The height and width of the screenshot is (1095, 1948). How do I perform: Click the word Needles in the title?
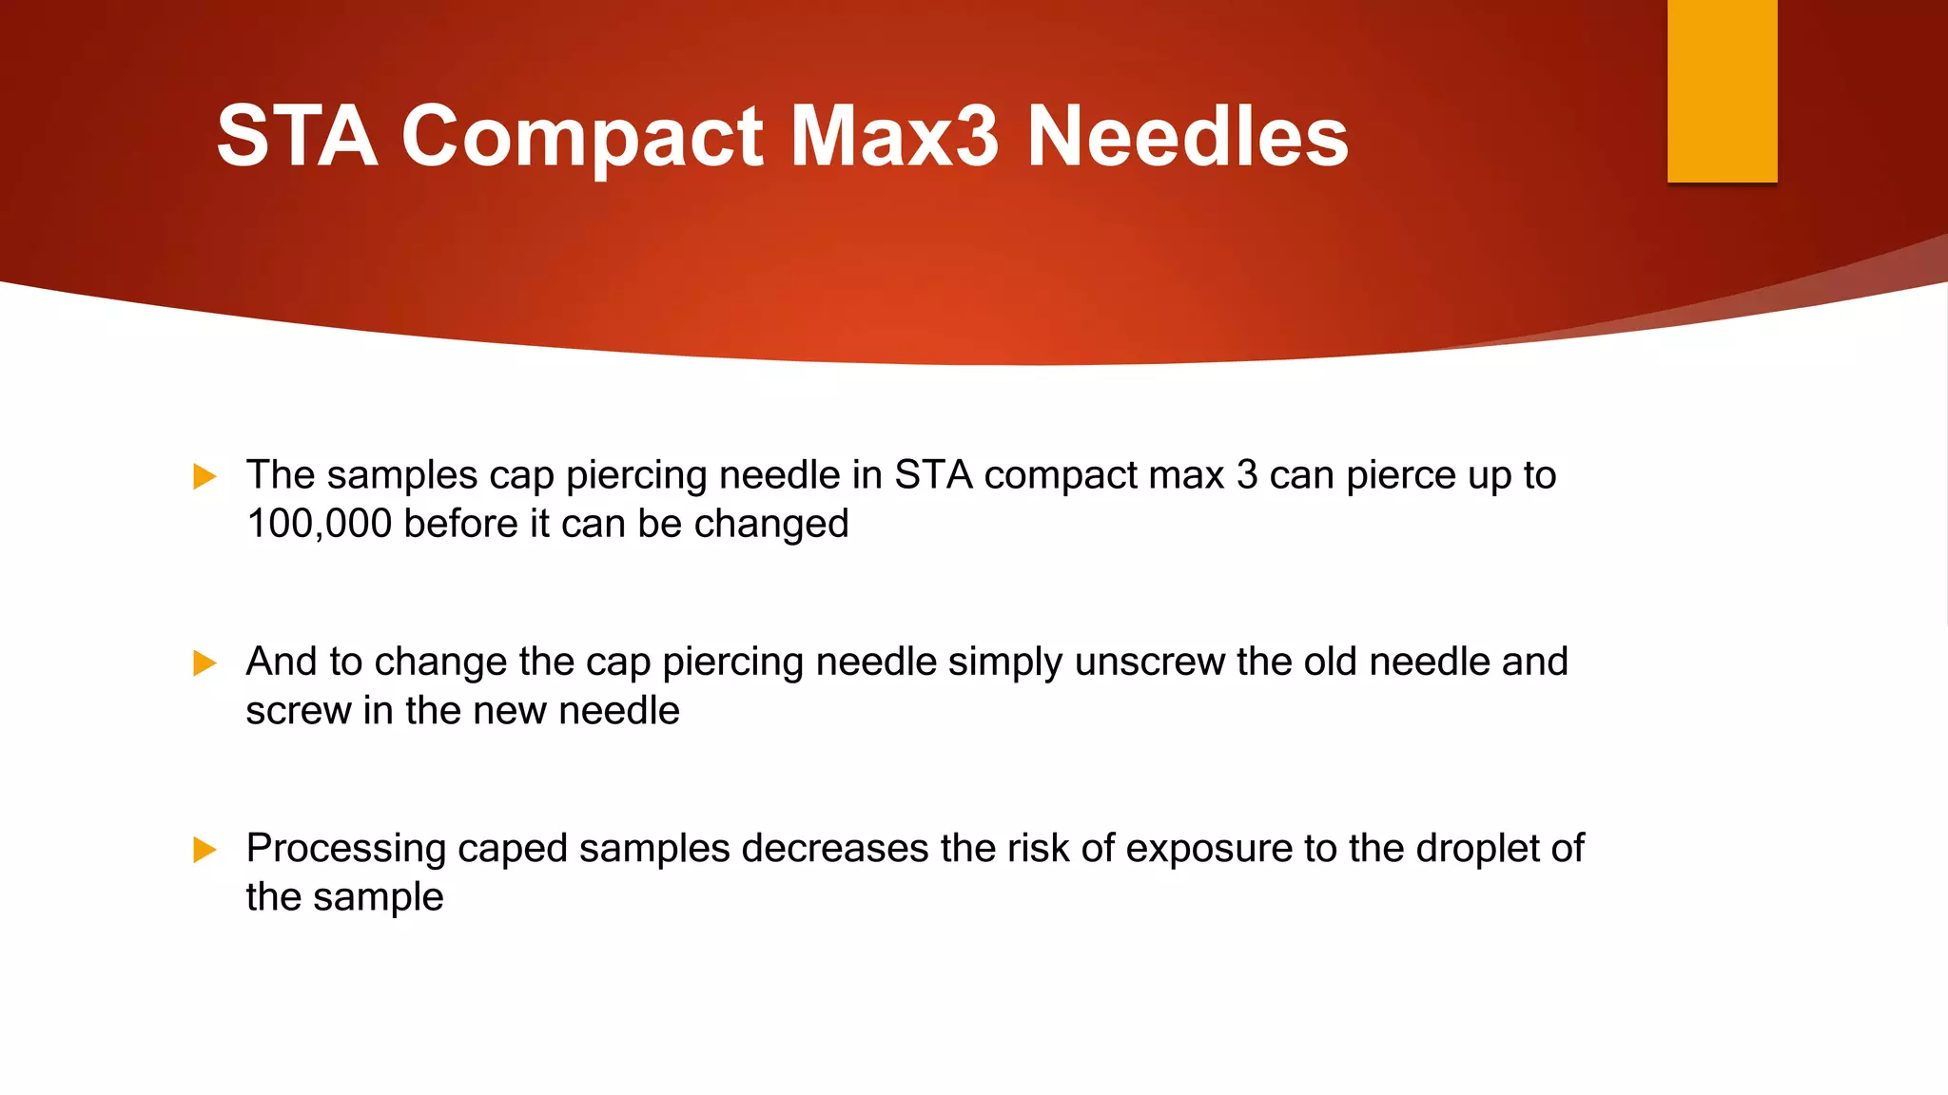point(1187,137)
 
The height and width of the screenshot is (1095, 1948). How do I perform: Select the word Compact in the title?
point(582,139)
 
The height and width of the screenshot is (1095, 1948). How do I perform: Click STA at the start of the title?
point(297,137)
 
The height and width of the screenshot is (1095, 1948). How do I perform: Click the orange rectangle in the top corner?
point(1722,90)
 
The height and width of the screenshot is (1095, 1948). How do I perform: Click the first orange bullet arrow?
point(205,476)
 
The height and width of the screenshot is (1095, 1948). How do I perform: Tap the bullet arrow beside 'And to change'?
point(205,663)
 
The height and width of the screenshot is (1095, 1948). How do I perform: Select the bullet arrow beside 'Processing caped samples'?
point(205,849)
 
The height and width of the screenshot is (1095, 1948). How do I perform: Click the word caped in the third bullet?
point(512,849)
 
